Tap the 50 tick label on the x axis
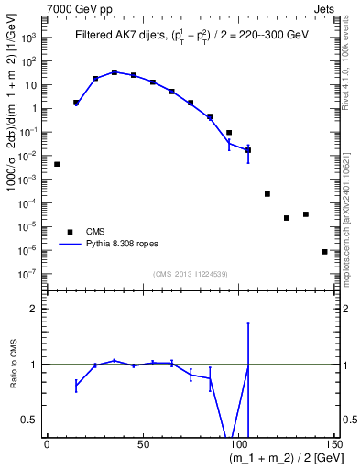[x=143, y=445]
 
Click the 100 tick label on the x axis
[x=238, y=445]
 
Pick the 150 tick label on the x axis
[x=333, y=445]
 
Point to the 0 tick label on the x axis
[x=47, y=445]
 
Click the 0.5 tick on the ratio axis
[x=30, y=420]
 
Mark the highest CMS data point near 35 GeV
[x=115, y=71]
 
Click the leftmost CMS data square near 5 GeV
[x=57, y=164]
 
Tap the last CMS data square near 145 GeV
[x=324, y=251]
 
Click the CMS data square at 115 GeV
[x=267, y=194]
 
